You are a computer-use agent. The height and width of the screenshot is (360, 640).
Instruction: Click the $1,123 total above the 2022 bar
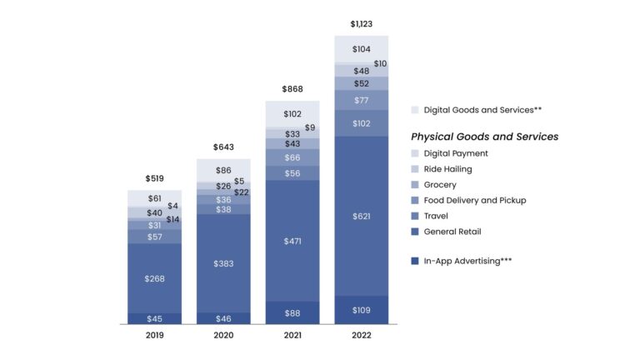pyautogui.click(x=361, y=24)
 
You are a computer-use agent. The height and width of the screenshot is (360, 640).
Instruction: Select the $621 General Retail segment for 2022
pyautogui.click(x=361, y=216)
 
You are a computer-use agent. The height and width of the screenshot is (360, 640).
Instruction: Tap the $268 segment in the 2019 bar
pyautogui.click(x=154, y=278)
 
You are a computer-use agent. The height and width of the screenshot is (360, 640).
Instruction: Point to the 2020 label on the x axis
pyautogui.click(x=223, y=335)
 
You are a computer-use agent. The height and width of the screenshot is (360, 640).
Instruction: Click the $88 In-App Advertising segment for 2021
pyautogui.click(x=292, y=313)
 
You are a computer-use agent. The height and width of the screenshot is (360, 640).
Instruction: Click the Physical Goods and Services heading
pyautogui.click(x=484, y=137)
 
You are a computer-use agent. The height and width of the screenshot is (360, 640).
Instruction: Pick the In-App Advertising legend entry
pyautogui.click(x=467, y=261)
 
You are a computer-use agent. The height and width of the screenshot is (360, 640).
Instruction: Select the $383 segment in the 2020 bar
pyautogui.click(x=223, y=263)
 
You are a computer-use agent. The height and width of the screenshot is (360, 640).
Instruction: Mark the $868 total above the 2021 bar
pyautogui.click(x=292, y=89)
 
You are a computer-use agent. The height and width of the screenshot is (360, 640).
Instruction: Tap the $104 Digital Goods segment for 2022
pyautogui.click(x=361, y=49)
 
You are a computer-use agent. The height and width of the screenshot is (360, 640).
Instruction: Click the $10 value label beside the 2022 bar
pyautogui.click(x=380, y=63)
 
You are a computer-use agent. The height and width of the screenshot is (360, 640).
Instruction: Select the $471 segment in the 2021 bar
pyautogui.click(x=292, y=241)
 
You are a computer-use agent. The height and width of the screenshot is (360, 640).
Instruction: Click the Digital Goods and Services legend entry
pyautogui.click(x=472, y=109)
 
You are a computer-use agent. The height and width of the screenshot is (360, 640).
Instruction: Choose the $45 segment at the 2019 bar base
pyautogui.click(x=154, y=318)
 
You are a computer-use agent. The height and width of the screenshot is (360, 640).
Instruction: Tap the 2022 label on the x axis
pyautogui.click(x=361, y=335)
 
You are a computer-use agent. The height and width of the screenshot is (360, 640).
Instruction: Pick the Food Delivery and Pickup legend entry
pyautogui.click(x=474, y=200)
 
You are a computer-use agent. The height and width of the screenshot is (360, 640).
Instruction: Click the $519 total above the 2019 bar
pyautogui.click(x=154, y=178)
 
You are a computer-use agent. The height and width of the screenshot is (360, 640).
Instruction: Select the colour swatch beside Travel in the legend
pyautogui.click(x=415, y=216)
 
